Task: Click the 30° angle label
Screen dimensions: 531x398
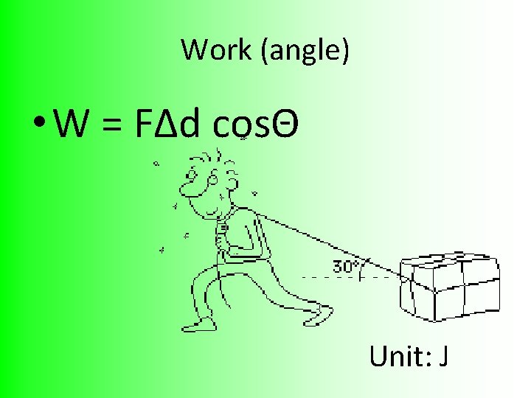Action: pos(345,266)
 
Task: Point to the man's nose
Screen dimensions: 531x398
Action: pos(189,193)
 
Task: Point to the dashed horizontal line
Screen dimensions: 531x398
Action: pos(347,278)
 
